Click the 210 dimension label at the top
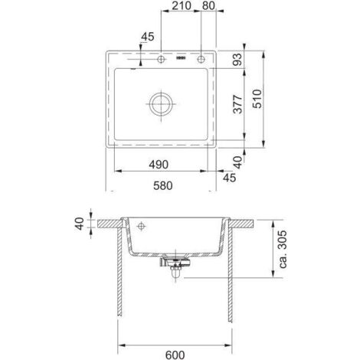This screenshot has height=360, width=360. click(x=182, y=5)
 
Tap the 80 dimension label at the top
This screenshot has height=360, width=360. click(x=208, y=5)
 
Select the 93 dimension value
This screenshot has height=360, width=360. click(x=237, y=59)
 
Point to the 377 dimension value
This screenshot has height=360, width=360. click(x=237, y=104)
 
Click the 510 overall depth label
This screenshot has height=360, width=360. click(x=257, y=99)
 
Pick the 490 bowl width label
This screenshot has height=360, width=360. click(x=159, y=165)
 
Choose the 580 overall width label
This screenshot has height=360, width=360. click(x=162, y=185)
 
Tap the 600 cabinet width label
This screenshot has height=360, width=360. click(x=175, y=355)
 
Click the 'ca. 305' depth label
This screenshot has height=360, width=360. click(x=283, y=249)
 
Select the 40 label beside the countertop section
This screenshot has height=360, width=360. click(x=80, y=224)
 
